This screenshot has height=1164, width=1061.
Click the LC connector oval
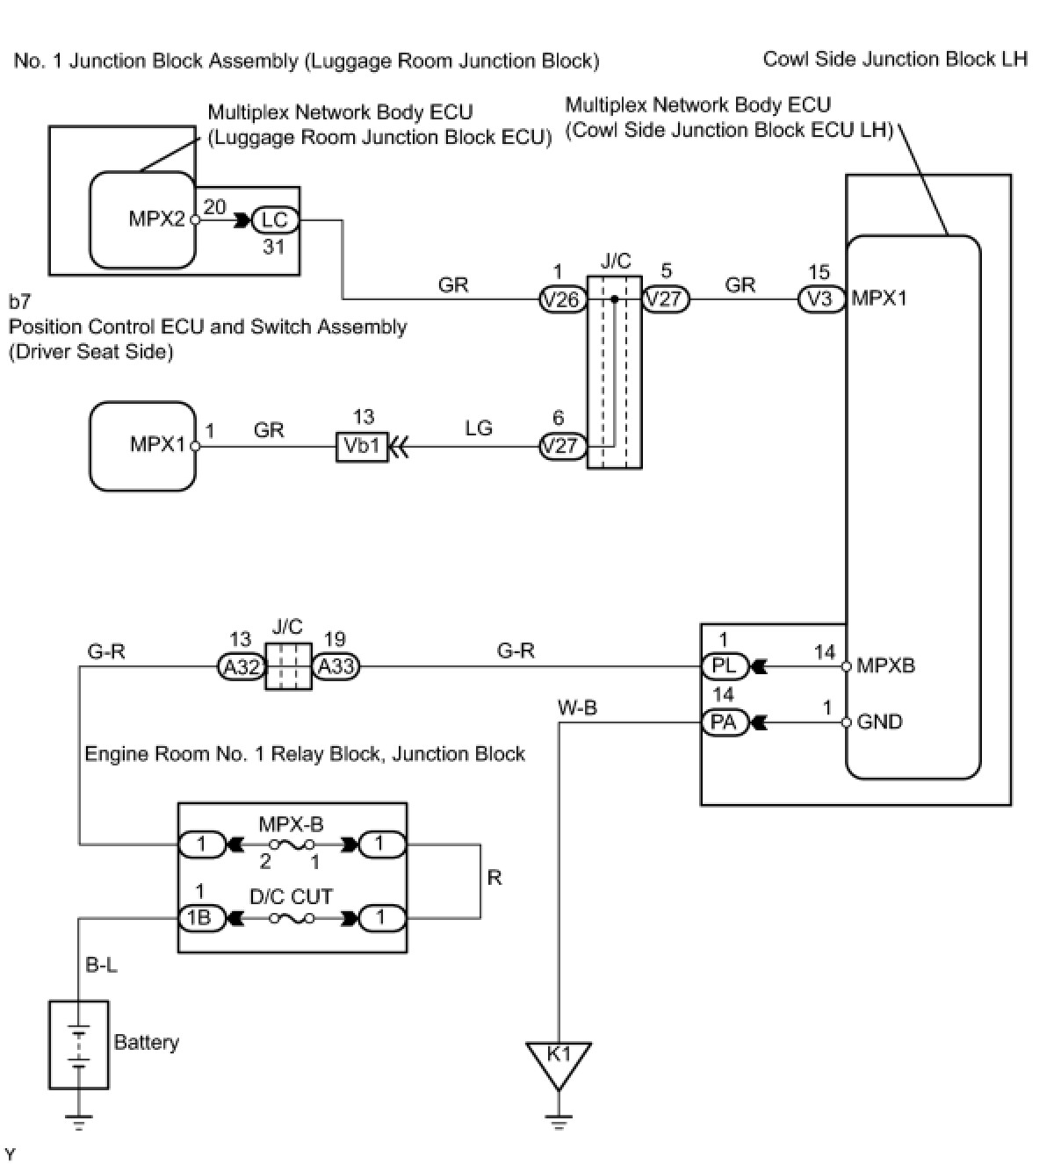tap(275, 220)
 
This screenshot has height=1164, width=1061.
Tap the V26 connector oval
tap(562, 299)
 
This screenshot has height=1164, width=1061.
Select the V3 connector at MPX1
tap(820, 299)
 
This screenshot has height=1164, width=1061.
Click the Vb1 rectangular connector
tap(362, 446)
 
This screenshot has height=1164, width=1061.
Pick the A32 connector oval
tap(241, 667)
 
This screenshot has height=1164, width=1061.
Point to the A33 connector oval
tap(336, 667)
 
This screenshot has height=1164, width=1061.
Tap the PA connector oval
tap(725, 723)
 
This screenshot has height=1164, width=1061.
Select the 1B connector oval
tap(201, 918)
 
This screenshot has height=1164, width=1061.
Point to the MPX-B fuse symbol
tap(292, 844)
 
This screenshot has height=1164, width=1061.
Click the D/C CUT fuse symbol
tap(292, 918)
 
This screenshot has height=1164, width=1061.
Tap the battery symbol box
tap(79, 1045)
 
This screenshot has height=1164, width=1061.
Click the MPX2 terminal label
tap(156, 219)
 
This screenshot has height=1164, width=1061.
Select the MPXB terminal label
tap(885, 665)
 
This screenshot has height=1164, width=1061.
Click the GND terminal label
tap(879, 722)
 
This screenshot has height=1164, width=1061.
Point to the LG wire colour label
tap(479, 428)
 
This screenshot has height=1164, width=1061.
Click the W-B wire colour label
tap(577, 708)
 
